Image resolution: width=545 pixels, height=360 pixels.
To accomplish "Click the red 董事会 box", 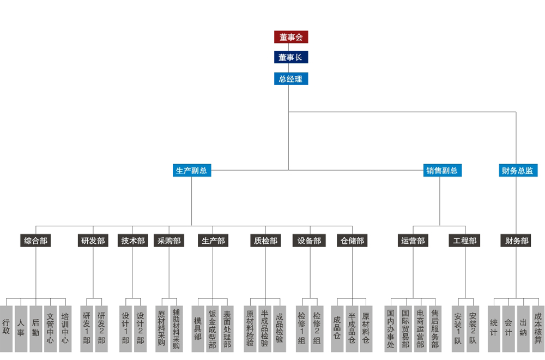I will (x=291, y=37).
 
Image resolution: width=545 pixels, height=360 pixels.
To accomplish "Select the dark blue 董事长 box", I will (x=291, y=57).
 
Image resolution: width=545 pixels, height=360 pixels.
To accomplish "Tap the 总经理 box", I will (x=291, y=79).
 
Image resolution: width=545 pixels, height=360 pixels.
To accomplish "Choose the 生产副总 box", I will (x=191, y=170).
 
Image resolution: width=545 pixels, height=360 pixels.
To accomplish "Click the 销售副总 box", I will (x=442, y=170).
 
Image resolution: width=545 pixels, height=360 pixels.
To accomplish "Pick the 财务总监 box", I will (x=517, y=170).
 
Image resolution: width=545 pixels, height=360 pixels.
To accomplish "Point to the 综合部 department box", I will (x=36, y=241).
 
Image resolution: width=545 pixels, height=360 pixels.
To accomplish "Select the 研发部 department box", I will (x=93, y=241).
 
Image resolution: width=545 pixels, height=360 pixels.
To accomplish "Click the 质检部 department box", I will (x=265, y=241).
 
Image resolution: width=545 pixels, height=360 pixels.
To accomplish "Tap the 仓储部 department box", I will (x=352, y=241).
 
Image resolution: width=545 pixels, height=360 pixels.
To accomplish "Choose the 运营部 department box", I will (x=413, y=241).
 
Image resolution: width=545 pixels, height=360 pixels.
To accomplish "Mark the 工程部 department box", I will (x=464, y=241).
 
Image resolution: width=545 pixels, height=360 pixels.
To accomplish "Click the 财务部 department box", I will (x=515, y=241).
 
